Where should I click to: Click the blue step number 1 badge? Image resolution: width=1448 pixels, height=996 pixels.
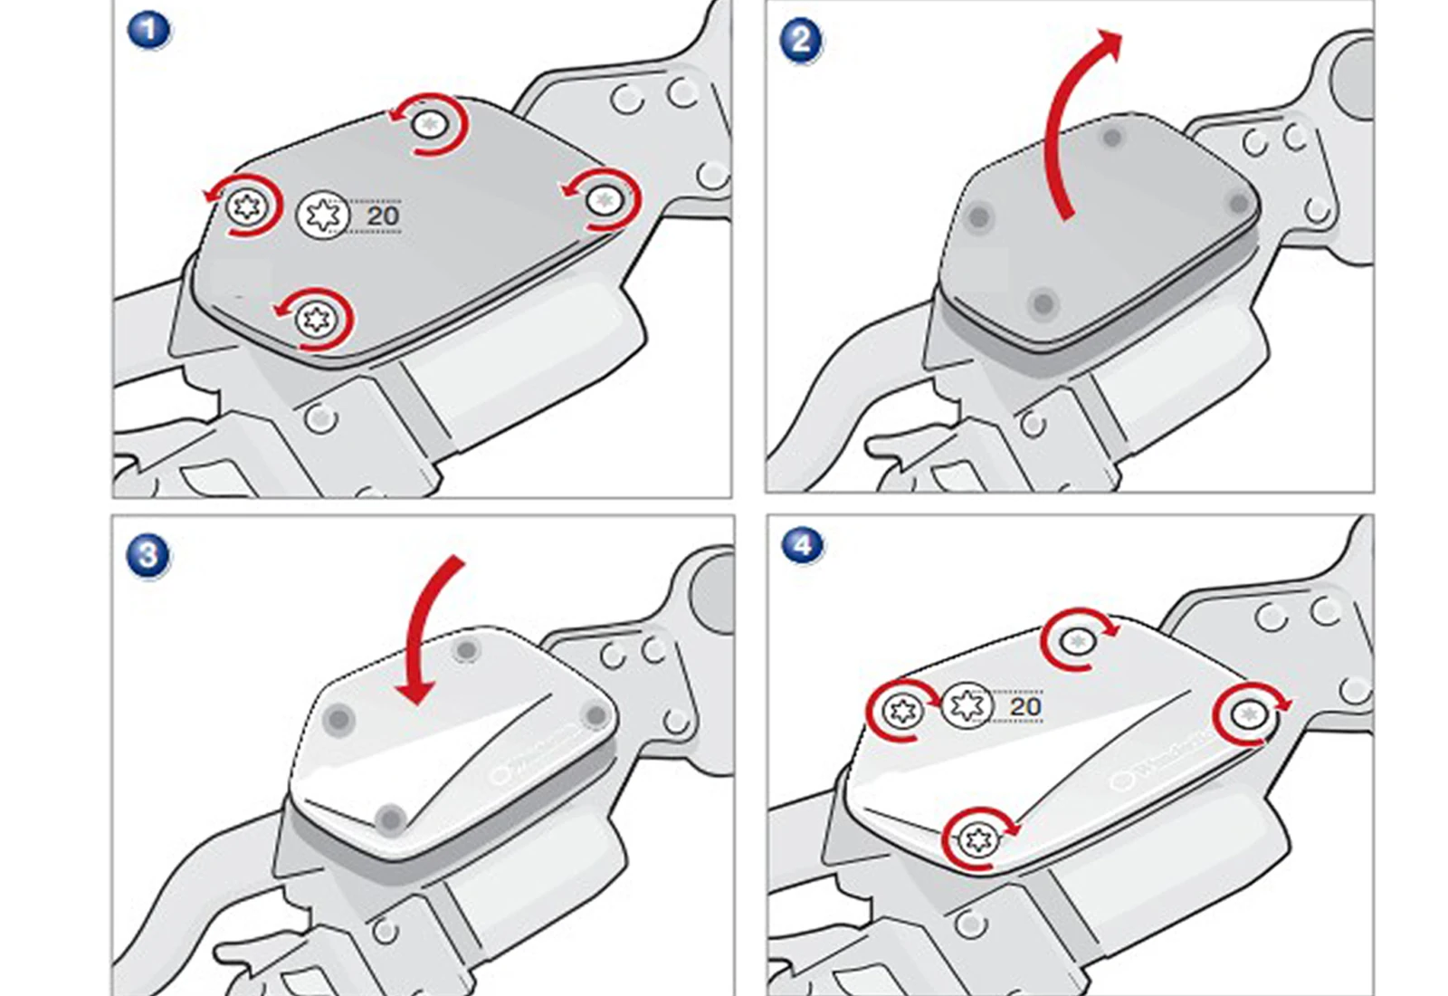click(x=149, y=30)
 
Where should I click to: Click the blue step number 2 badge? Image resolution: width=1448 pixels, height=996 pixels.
click(x=801, y=41)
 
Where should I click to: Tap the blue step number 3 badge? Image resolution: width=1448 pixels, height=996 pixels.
click(x=148, y=554)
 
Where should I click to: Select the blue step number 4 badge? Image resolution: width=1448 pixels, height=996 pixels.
click(x=802, y=545)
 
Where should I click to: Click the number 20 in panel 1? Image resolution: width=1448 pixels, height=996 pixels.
click(x=382, y=215)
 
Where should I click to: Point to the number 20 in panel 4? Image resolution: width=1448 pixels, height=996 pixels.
click(x=1024, y=706)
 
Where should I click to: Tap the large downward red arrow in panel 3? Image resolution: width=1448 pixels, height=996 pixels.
click(x=425, y=634)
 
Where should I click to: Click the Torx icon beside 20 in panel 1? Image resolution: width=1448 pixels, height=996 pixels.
click(x=323, y=215)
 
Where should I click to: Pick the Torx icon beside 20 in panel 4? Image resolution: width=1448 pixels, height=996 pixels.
click(x=967, y=705)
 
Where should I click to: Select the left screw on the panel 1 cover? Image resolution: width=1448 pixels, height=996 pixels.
click(x=246, y=207)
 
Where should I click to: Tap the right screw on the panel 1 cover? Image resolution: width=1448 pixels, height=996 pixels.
click(x=605, y=199)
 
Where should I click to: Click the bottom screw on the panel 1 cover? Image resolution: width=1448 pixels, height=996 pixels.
click(x=315, y=318)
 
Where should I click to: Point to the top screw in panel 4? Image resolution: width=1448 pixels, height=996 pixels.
click(x=1077, y=642)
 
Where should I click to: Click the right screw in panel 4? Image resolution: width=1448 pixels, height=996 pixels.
click(x=1250, y=715)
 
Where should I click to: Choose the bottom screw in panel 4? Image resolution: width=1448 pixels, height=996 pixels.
click(x=977, y=839)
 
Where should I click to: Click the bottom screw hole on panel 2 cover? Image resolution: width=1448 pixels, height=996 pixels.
click(x=1043, y=302)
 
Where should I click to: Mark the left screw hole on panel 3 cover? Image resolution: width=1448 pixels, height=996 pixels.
click(x=339, y=720)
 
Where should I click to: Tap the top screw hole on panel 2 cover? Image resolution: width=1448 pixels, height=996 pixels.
click(x=1112, y=138)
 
